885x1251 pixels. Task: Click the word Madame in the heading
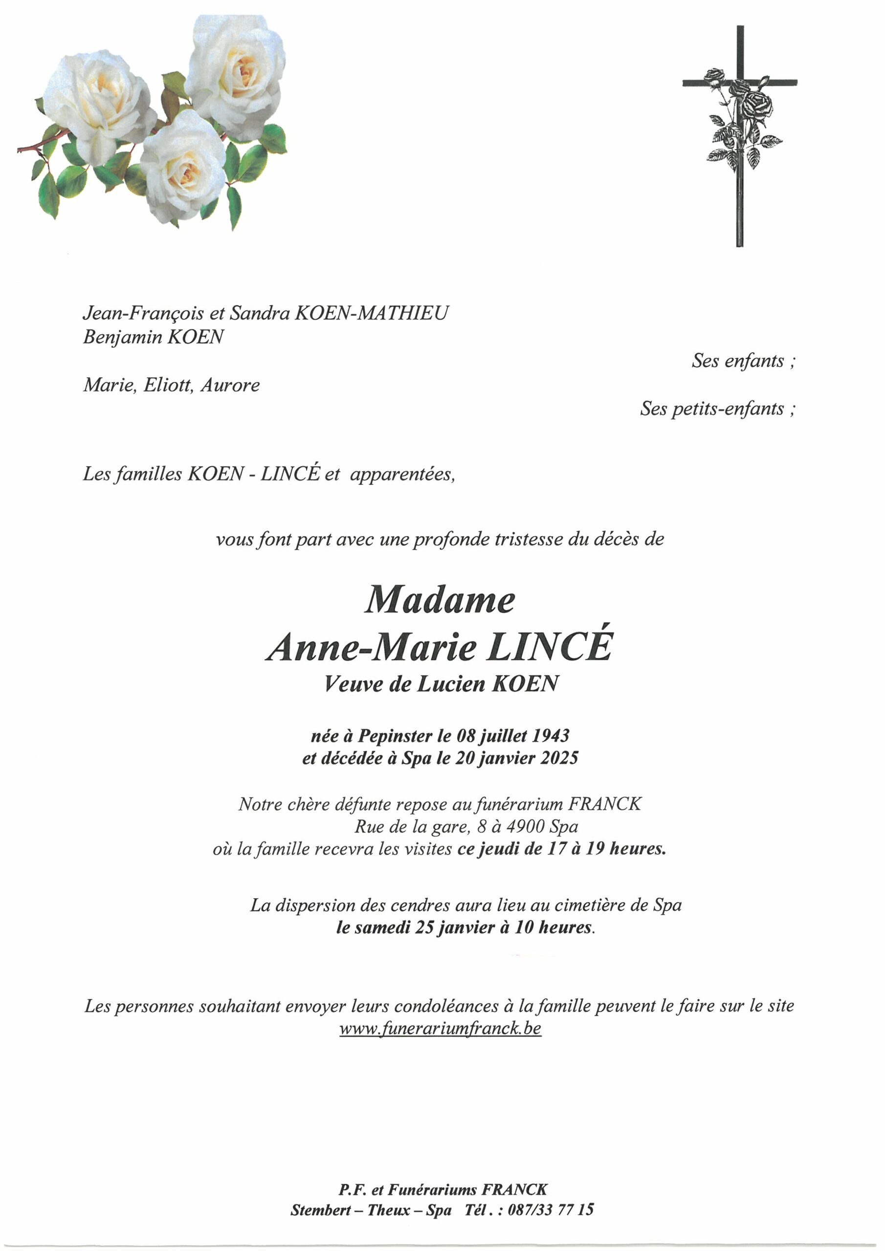[440, 601]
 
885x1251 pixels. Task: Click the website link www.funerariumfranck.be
[440, 1028]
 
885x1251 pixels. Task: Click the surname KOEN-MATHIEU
[371, 313]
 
